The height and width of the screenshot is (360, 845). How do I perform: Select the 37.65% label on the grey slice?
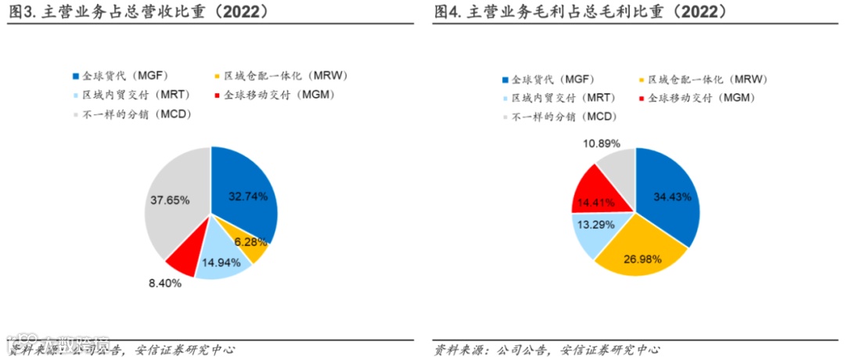170,200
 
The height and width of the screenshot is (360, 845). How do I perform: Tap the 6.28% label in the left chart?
250,241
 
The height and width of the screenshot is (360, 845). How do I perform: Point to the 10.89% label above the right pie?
602,143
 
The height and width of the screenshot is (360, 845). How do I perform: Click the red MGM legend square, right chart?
642,99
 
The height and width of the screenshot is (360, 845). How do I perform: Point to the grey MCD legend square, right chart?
504,117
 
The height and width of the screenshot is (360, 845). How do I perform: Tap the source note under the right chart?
547,350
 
